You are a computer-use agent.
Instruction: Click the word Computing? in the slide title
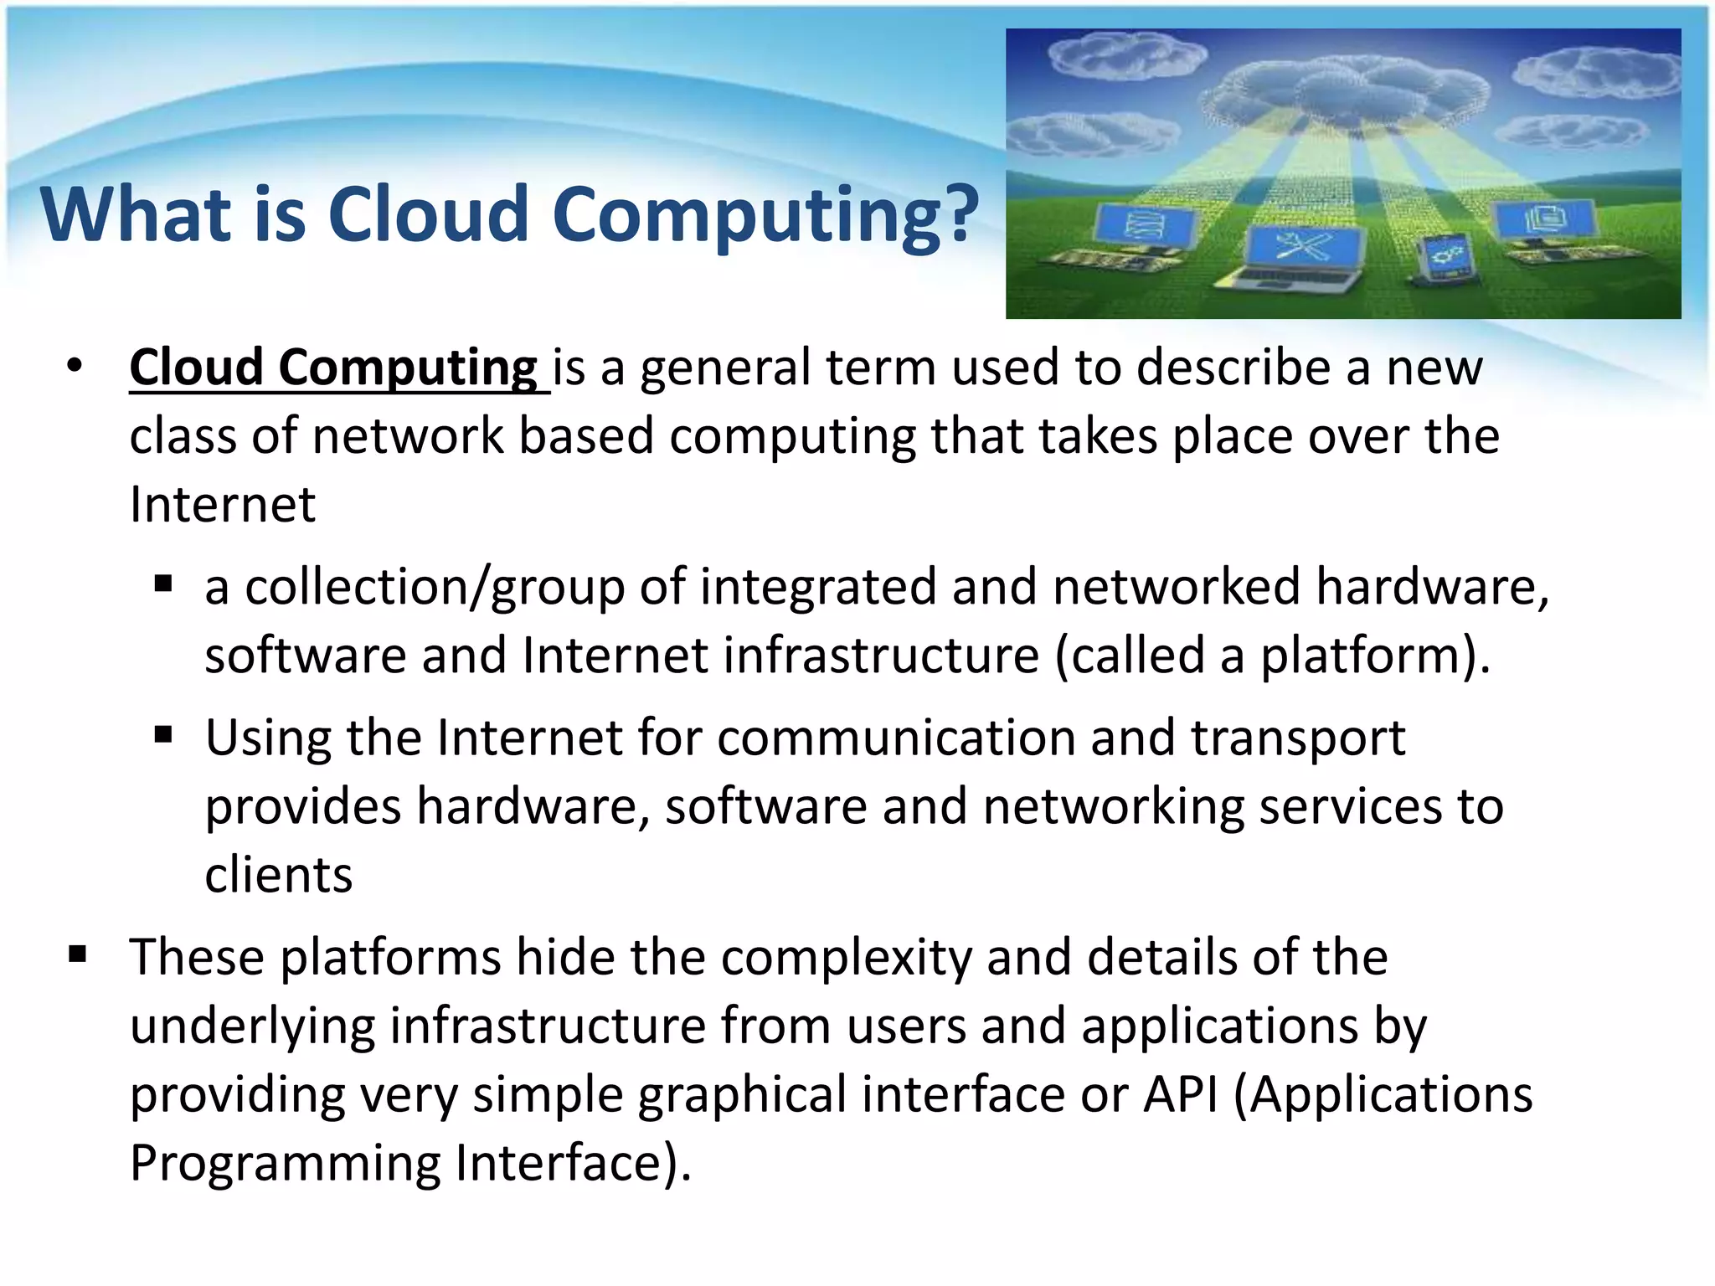coord(765,215)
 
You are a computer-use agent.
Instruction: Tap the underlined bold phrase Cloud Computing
coord(333,368)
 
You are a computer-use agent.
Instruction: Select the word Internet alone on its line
coord(223,505)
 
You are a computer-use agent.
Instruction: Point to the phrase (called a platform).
coord(1272,656)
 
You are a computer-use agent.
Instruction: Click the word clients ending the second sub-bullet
coord(278,876)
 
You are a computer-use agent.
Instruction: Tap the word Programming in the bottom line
coord(285,1163)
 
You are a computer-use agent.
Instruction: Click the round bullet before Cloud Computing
coord(75,366)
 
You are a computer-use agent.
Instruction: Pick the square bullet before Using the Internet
coord(163,736)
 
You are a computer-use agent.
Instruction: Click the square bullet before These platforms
coord(78,954)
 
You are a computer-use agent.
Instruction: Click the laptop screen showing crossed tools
coord(1304,247)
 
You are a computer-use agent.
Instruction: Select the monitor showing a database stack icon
coord(1143,226)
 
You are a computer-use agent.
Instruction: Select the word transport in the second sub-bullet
coord(1297,738)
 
